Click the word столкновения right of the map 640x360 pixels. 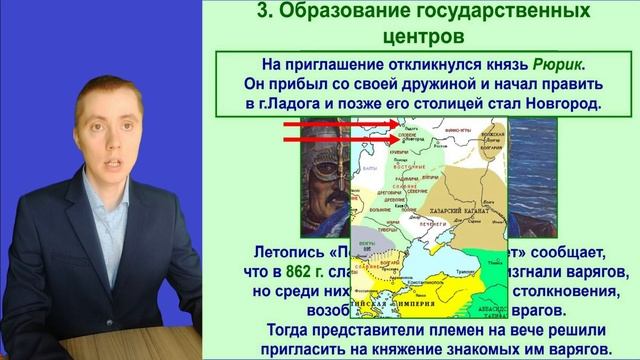[x=565, y=293]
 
